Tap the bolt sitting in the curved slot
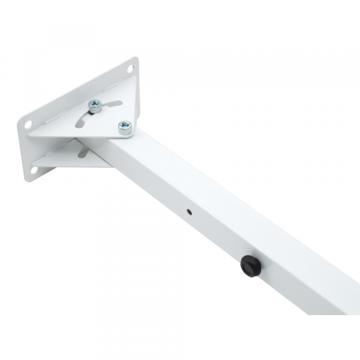coord(95,106)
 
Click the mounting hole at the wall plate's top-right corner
coord(130,69)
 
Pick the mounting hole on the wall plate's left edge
coord(28,124)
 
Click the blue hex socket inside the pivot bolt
coord(124,125)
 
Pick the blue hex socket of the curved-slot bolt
coord(95,106)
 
